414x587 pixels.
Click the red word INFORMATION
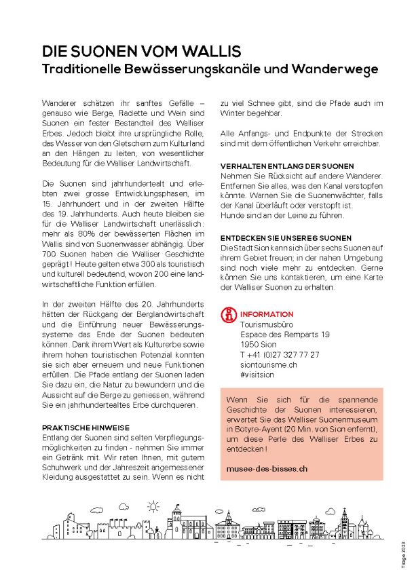pyautogui.click(x=267, y=315)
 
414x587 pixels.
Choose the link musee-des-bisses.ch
pyautogui.click(x=267, y=468)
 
